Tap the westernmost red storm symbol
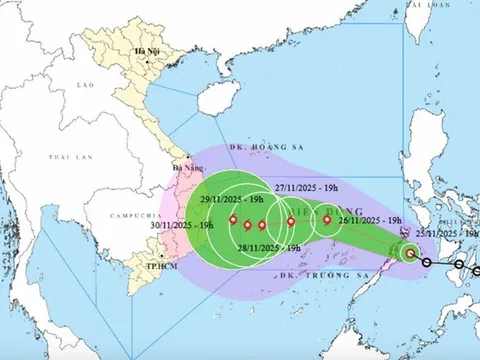233,221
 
